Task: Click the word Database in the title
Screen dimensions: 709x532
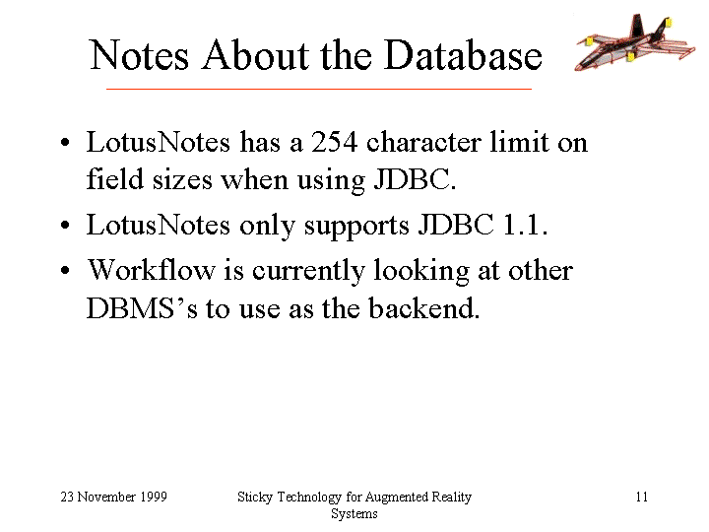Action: pyautogui.click(x=463, y=55)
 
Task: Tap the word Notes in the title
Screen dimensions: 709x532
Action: pyautogui.click(x=139, y=55)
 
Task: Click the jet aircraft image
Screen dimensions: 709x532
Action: pyautogui.click(x=634, y=42)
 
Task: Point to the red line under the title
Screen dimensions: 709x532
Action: pyautogui.click(x=319, y=89)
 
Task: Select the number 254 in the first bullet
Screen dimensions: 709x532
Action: pyautogui.click(x=334, y=142)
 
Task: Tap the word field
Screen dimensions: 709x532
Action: pyautogui.click(x=114, y=178)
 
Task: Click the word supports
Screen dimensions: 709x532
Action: pyautogui.click(x=356, y=226)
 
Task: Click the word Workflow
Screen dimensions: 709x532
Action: pyautogui.click(x=151, y=270)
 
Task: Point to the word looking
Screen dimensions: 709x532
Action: pyautogui.click(x=421, y=272)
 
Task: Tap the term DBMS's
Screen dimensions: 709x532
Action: pyautogui.click(x=142, y=308)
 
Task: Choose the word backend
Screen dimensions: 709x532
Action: pyautogui.click(x=423, y=308)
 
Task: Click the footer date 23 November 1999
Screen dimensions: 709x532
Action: pyautogui.click(x=114, y=497)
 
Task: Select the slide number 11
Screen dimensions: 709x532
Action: pyautogui.click(x=642, y=497)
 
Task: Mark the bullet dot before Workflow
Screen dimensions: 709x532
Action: pyautogui.click(x=66, y=271)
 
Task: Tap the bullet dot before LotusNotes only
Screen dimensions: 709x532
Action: pyautogui.click(x=66, y=225)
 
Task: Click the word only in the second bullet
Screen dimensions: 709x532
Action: pyautogui.click(x=267, y=226)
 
